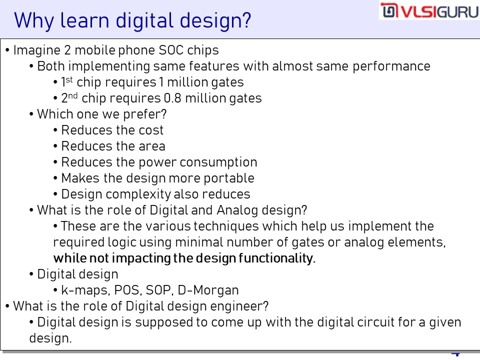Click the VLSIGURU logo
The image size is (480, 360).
point(429,10)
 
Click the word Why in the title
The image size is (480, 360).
point(33,21)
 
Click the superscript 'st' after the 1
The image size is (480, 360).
point(69,79)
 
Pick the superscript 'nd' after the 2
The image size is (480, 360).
point(72,95)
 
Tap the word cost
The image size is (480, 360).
point(151,130)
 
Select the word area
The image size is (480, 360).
point(152,146)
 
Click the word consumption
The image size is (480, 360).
point(218,162)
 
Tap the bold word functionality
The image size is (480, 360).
point(276,258)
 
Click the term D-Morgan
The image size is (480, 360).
point(208,290)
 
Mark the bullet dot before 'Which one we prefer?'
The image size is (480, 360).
point(31,114)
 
